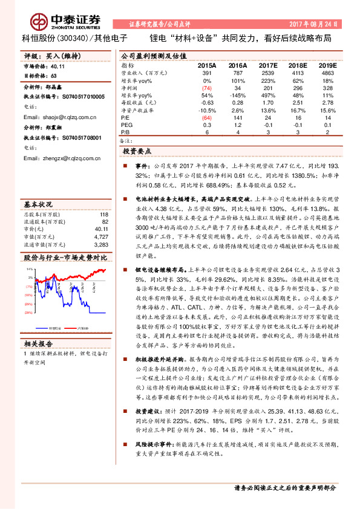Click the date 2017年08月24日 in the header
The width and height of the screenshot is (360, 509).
[318, 24]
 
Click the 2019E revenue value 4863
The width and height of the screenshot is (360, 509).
[327, 72]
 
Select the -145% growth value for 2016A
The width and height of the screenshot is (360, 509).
[237, 96]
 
